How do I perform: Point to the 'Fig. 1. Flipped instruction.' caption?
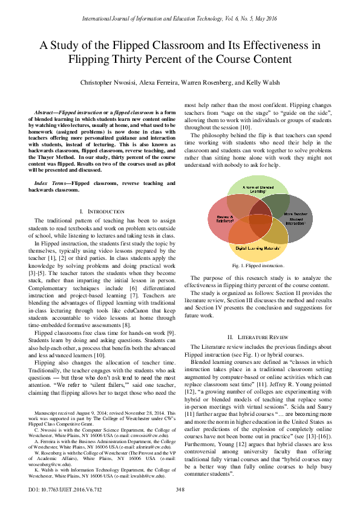click(x=258, y=265)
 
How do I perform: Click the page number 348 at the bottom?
click(x=180, y=489)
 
